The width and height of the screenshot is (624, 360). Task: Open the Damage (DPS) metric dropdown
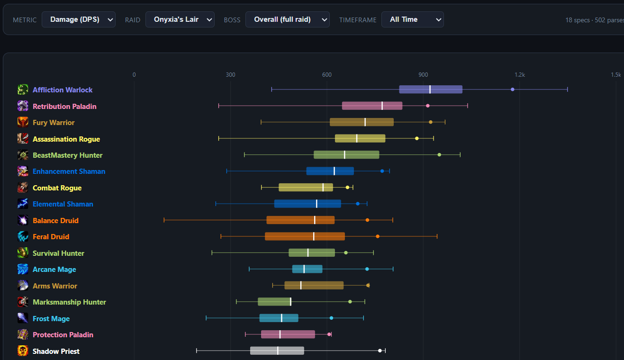point(79,19)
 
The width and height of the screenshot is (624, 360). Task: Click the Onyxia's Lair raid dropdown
point(180,19)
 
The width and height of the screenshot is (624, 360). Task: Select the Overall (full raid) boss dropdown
point(287,19)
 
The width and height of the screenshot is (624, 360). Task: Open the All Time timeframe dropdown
point(412,19)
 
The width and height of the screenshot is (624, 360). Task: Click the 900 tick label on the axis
point(423,75)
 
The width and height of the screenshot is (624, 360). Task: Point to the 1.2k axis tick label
point(520,75)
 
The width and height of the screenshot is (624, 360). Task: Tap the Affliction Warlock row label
point(63,90)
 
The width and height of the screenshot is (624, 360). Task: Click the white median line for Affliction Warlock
point(430,90)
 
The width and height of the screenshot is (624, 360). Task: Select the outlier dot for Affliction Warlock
point(512,90)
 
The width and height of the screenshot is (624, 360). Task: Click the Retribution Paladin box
point(372,106)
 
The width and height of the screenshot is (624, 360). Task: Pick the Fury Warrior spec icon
point(23,122)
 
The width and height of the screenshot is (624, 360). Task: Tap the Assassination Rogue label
point(66,139)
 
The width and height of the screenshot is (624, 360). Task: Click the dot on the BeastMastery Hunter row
point(439,155)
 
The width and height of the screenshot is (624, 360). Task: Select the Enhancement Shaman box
point(330,171)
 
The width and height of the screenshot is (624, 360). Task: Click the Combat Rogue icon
point(23,188)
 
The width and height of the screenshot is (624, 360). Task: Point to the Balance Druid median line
point(315,220)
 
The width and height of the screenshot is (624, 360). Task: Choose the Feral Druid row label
point(51,237)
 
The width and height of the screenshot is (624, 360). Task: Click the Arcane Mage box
point(307,269)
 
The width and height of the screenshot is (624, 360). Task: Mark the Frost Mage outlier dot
point(331,318)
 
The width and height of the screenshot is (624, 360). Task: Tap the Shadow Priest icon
point(23,351)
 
